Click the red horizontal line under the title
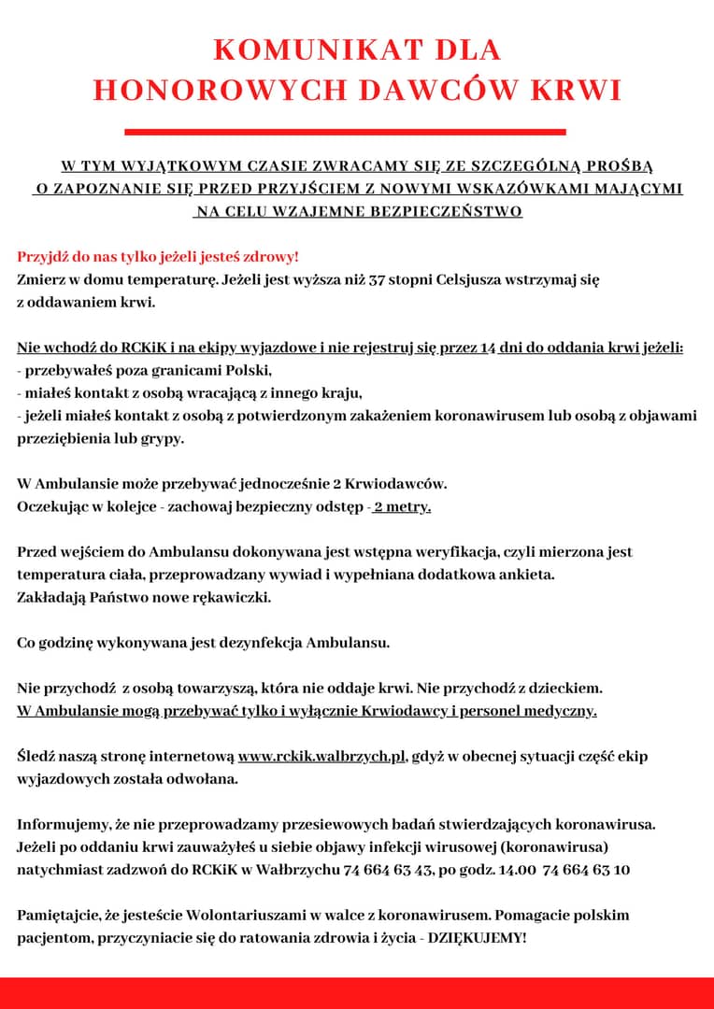pos(345,132)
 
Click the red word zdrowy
pos(268,257)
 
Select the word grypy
pos(164,437)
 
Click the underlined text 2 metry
pos(402,506)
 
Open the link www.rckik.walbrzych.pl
pos(322,756)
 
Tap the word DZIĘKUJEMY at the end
pos(476,937)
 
